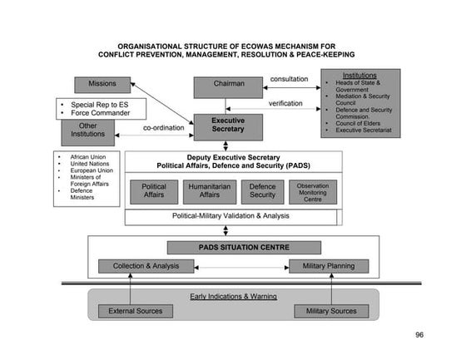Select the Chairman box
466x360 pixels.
click(x=228, y=85)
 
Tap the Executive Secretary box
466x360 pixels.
click(x=228, y=126)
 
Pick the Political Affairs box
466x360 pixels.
click(x=154, y=191)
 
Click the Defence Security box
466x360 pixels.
click(x=262, y=191)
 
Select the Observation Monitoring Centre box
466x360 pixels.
click(x=313, y=191)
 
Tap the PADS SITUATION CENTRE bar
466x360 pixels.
click(x=232, y=247)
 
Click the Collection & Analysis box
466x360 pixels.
click(x=146, y=266)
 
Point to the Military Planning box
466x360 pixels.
click(x=328, y=266)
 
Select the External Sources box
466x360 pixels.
click(x=136, y=311)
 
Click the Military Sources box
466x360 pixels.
click(x=331, y=311)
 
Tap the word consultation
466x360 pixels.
click(x=289, y=80)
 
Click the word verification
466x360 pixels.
click(x=285, y=104)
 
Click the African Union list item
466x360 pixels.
click(x=91, y=156)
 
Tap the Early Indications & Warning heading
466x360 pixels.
click(x=232, y=296)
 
